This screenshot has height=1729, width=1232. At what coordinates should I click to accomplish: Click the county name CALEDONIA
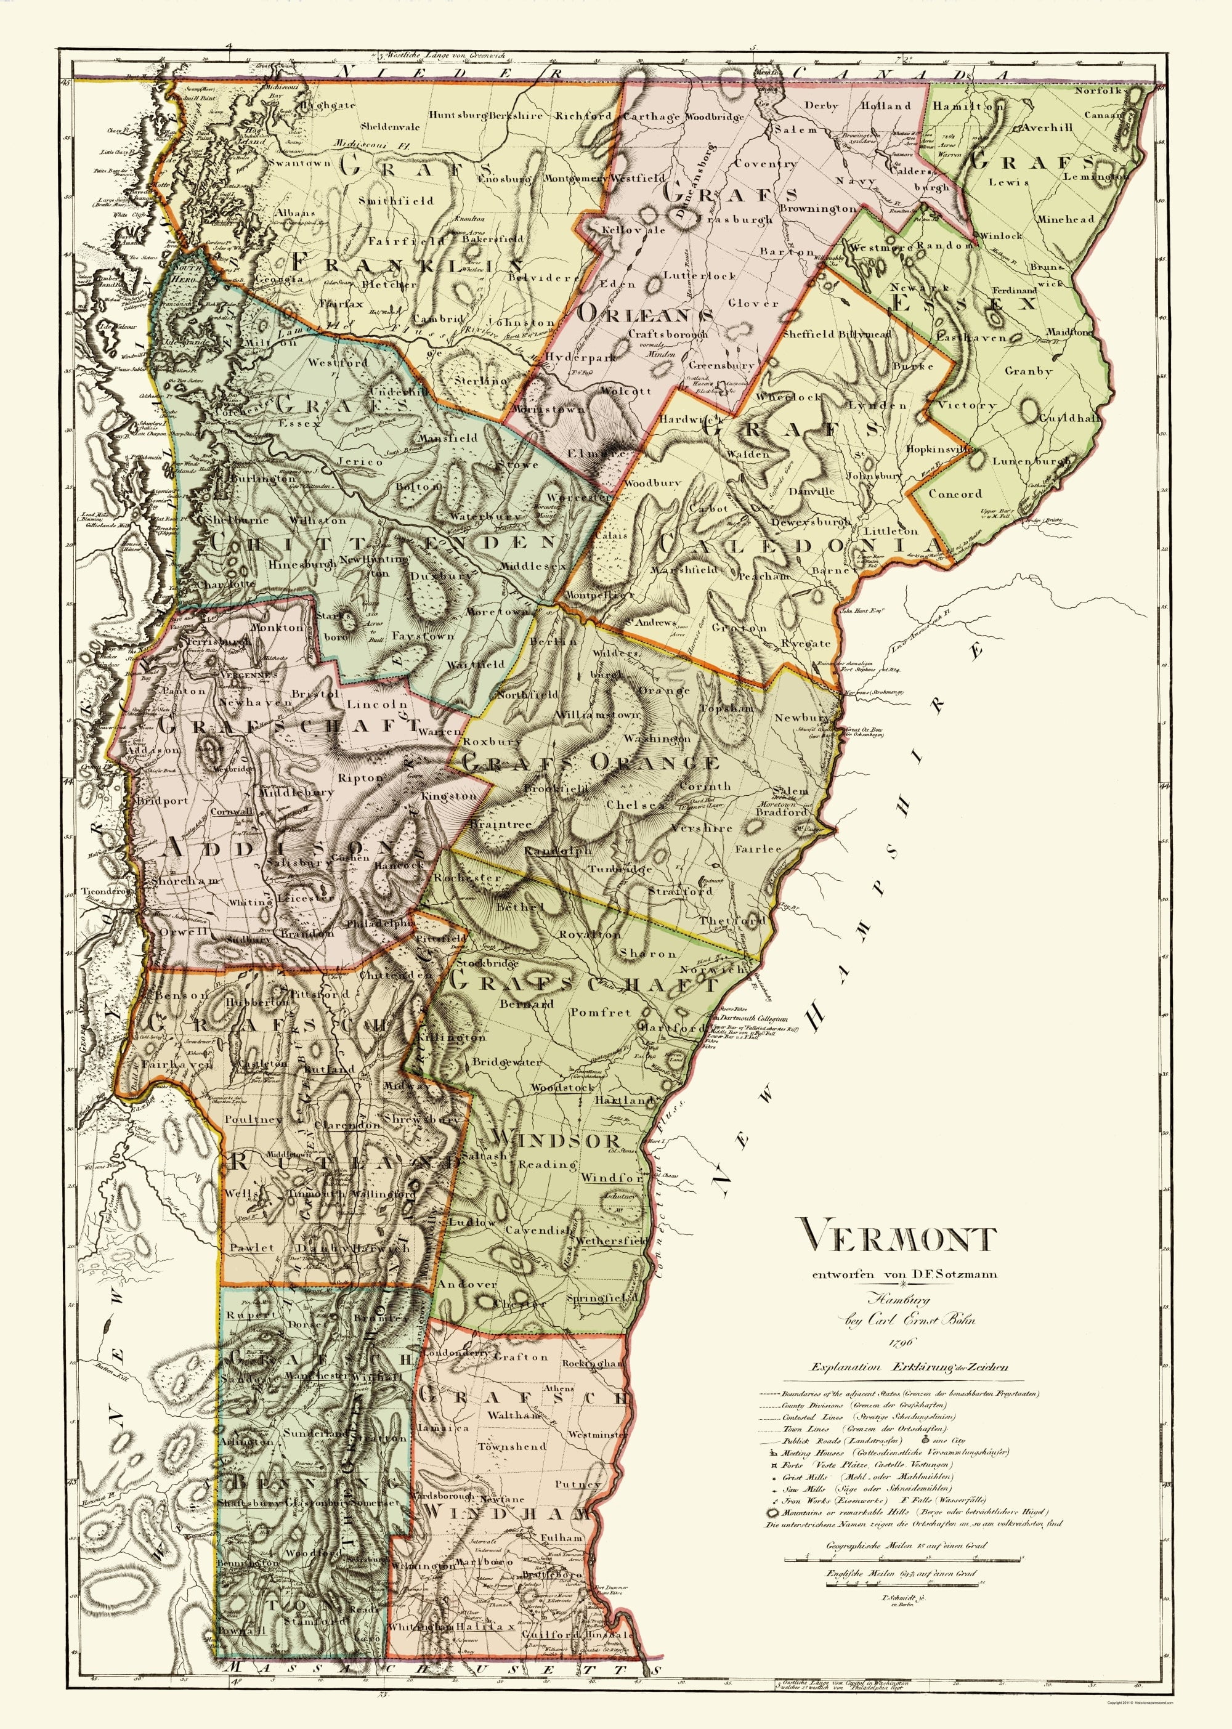(800, 545)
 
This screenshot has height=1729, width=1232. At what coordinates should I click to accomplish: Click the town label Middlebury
(296, 792)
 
